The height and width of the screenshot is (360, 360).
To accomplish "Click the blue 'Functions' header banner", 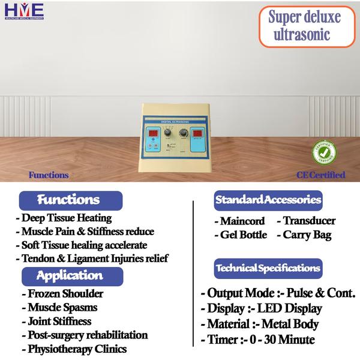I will [x=71, y=199].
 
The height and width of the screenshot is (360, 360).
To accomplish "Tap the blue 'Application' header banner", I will [x=71, y=277].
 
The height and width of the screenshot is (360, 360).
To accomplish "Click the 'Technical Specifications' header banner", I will [x=268, y=268].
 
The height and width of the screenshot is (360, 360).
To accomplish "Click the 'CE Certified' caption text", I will [x=320, y=175].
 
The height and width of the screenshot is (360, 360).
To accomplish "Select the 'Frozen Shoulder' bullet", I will [x=65, y=294].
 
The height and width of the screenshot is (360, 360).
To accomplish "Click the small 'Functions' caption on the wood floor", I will [x=49, y=175].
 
